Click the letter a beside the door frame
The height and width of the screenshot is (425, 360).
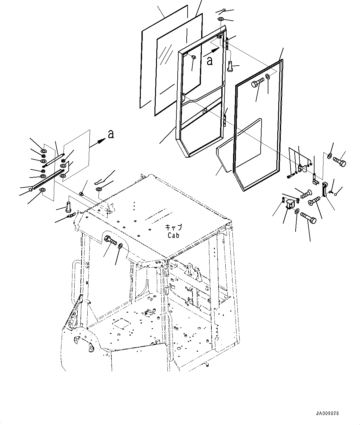point(210,61)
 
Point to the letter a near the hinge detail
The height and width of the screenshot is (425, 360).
point(111,134)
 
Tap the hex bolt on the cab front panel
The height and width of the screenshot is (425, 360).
point(110,239)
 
